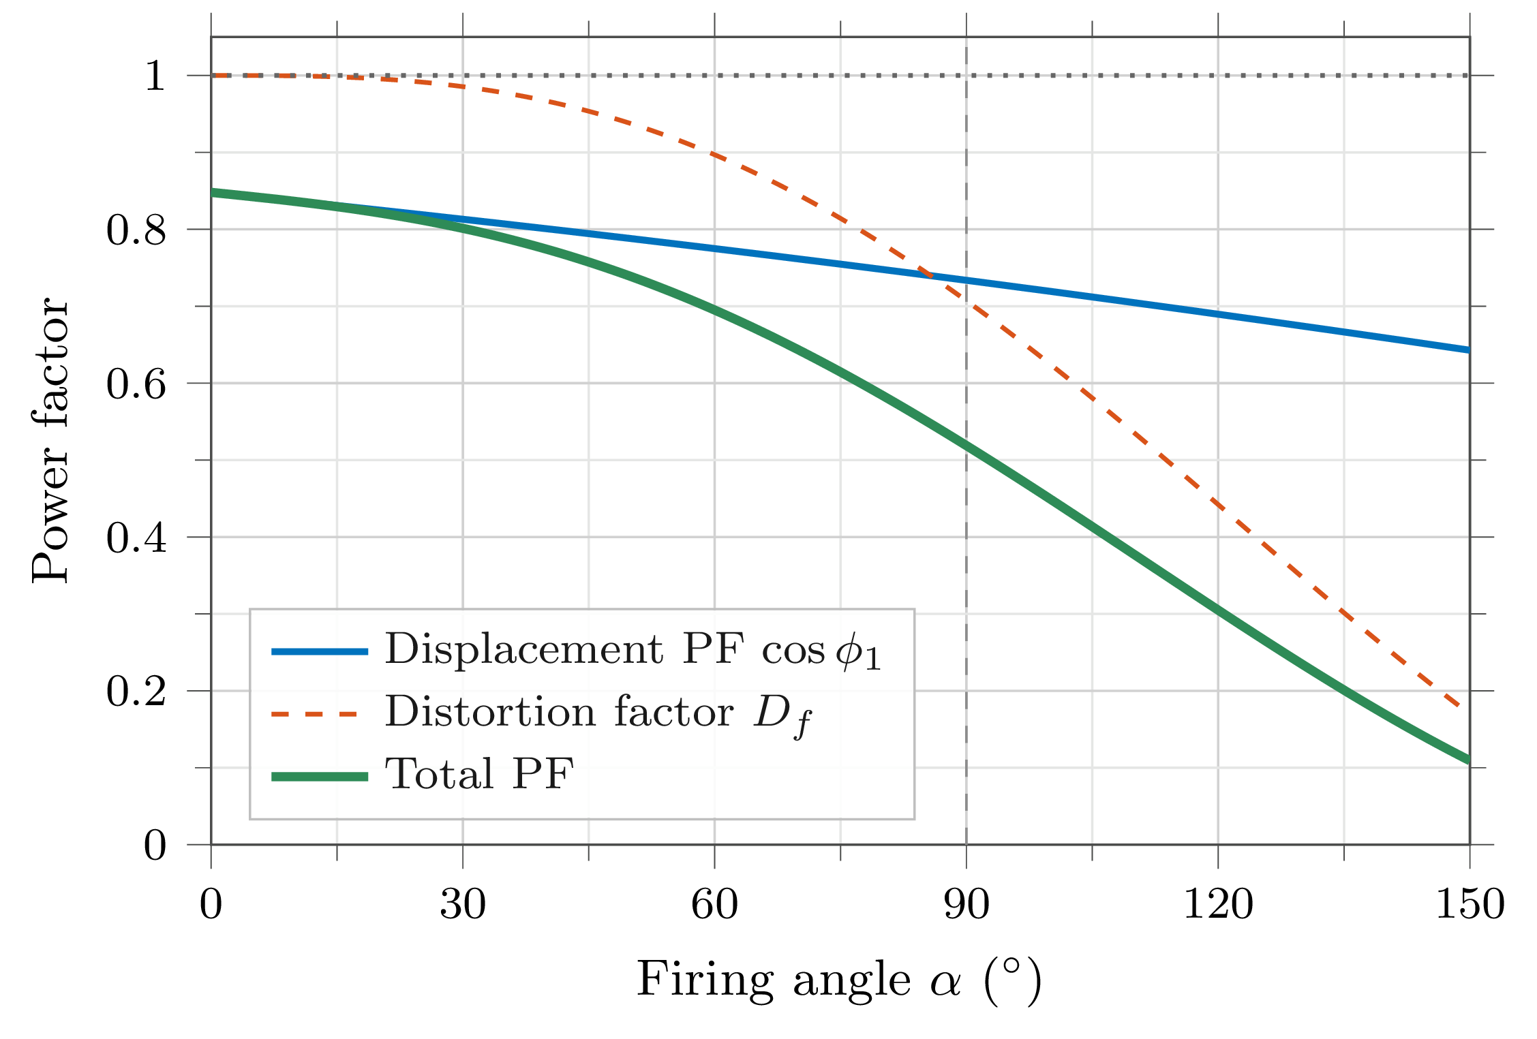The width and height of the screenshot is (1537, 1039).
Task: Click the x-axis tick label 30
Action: pyautogui.click(x=462, y=905)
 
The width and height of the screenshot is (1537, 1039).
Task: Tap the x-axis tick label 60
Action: pyautogui.click(x=714, y=905)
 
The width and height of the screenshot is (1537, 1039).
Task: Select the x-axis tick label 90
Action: pyautogui.click(x=966, y=905)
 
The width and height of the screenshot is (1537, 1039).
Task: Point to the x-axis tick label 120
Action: pyautogui.click(x=1218, y=905)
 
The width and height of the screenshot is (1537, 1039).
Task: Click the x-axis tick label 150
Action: pyautogui.click(x=1470, y=905)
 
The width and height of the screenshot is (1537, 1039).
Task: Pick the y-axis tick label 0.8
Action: pyautogui.click(x=136, y=230)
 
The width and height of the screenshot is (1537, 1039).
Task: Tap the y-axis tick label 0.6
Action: pyautogui.click(x=136, y=384)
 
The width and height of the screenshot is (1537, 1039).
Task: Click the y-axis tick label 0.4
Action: pyautogui.click(x=136, y=538)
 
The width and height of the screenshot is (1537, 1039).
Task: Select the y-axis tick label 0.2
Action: pyautogui.click(x=136, y=692)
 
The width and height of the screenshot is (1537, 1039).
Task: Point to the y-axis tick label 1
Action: pyautogui.click(x=155, y=76)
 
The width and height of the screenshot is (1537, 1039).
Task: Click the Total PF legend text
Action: pyautogui.click(x=479, y=775)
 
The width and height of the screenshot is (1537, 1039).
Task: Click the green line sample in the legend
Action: pyautogui.click(x=320, y=777)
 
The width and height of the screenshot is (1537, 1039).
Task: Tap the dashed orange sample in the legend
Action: pyautogui.click(x=314, y=714)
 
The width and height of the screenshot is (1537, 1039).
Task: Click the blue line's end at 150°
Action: pyautogui.click(x=1468, y=350)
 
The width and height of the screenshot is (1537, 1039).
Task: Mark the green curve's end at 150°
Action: pyautogui.click(x=1468, y=760)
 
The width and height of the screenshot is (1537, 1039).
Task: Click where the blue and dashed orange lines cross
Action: pyautogui.click(x=926, y=275)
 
